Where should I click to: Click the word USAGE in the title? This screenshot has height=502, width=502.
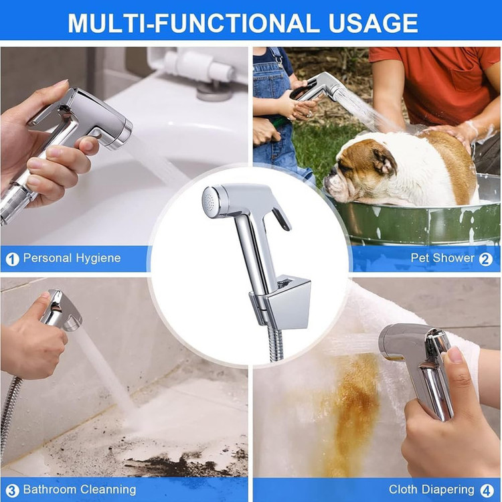(x=373, y=23)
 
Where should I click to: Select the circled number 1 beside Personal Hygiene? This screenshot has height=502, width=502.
(x=12, y=259)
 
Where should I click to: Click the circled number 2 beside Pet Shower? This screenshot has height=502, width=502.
(x=485, y=259)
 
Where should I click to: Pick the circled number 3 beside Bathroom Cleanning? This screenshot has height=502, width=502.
(x=12, y=490)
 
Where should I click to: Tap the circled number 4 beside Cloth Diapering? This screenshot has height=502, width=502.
(x=487, y=490)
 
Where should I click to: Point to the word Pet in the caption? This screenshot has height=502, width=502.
(x=419, y=258)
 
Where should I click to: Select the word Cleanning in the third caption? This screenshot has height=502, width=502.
(x=108, y=489)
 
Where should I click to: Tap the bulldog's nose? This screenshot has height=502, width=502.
(x=328, y=181)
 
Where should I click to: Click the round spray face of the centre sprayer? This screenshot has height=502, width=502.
(x=210, y=201)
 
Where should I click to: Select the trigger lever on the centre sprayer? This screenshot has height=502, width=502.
(x=282, y=218)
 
